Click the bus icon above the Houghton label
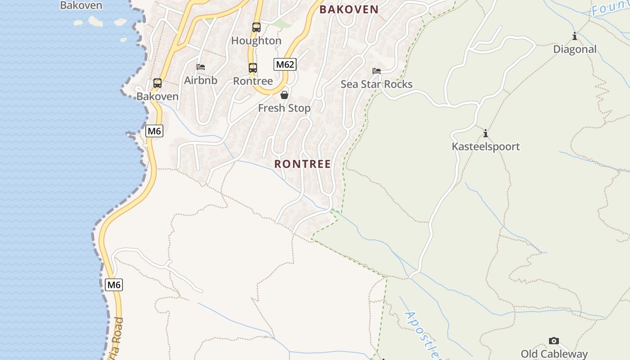256,27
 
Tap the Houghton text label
256,41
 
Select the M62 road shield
285,64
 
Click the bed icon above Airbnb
201,67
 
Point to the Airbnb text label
201,81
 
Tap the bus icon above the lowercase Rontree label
253,68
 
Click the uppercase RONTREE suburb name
302,164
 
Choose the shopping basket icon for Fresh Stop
284,95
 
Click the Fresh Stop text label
284,108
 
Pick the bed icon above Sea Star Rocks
377,71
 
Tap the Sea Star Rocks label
377,85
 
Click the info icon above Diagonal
575,36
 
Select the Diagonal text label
575,49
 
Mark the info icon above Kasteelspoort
486,133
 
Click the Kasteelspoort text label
486,147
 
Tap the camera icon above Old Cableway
554,341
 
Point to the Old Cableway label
554,354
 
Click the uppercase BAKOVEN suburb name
349,9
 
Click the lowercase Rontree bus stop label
253,81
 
